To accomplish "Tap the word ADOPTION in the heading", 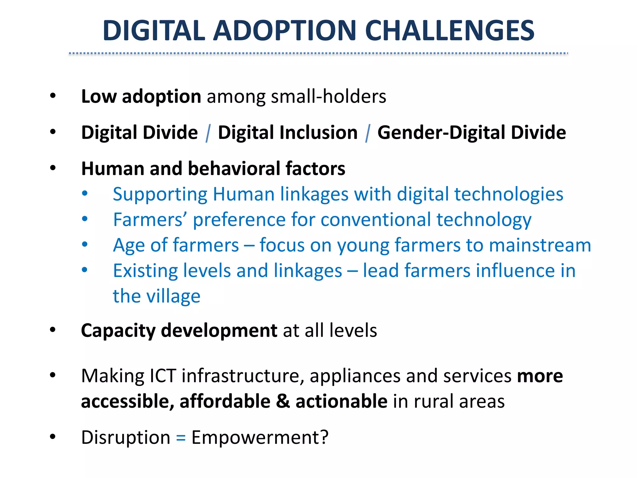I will [x=284, y=30].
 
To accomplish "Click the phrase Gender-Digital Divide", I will [x=472, y=133].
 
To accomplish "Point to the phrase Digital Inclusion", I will [x=288, y=133].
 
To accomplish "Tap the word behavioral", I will [x=234, y=169].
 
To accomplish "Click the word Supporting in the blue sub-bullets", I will [x=160, y=195].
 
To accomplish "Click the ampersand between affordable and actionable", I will [x=283, y=401].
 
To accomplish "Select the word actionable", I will [x=341, y=401].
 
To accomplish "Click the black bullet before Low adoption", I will [x=53, y=96].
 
